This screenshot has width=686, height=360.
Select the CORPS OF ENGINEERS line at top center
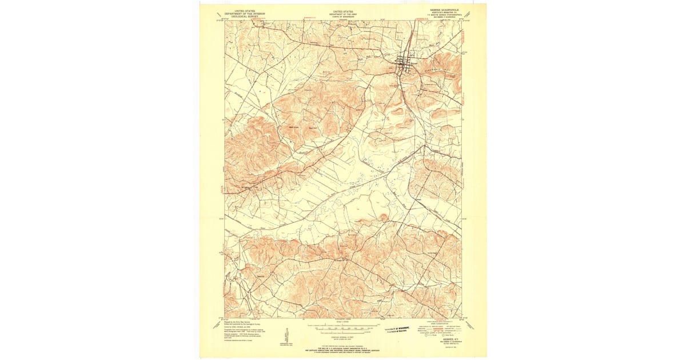[x=343, y=17]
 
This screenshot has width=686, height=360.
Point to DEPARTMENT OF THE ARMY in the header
[x=343, y=14]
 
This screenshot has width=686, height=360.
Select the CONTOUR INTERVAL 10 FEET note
[x=343, y=337]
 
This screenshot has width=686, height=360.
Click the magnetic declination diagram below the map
[x=286, y=334]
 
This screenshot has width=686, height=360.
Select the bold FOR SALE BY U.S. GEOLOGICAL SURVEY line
[x=343, y=347]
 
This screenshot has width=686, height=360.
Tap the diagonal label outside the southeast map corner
[x=470, y=325]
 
